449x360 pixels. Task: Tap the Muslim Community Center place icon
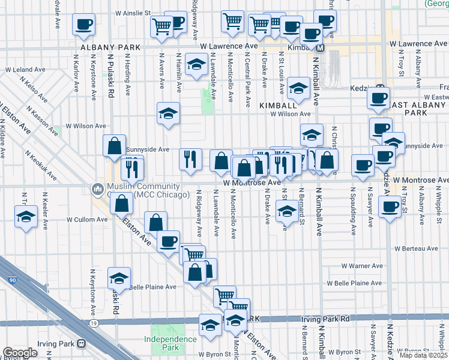click(x=97, y=190)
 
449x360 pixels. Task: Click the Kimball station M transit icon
click(x=321, y=48)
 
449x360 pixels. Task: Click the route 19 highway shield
click(x=94, y=323)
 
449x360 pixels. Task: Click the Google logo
click(x=20, y=353)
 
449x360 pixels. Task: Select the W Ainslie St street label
click(x=133, y=13)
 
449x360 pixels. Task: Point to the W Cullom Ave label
click(x=87, y=220)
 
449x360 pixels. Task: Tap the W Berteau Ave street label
click(x=416, y=248)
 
